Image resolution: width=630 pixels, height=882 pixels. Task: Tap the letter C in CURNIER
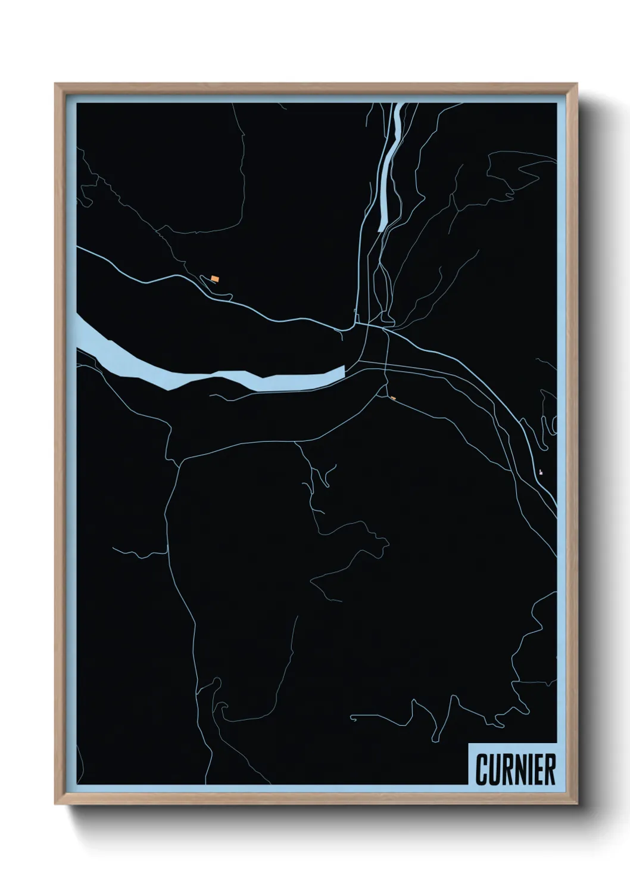pos(482,770)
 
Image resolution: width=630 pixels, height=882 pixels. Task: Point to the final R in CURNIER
pos(550,770)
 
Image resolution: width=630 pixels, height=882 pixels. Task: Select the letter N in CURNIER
pos(517,770)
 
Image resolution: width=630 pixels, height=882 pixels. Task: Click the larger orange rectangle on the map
pos(215,278)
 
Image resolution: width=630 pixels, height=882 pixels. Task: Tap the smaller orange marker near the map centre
pos(392,398)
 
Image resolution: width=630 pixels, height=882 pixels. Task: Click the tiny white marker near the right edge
pos(541,472)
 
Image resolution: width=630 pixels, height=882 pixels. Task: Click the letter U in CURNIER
pos(494,770)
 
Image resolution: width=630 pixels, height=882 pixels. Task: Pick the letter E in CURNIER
pos(538,770)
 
